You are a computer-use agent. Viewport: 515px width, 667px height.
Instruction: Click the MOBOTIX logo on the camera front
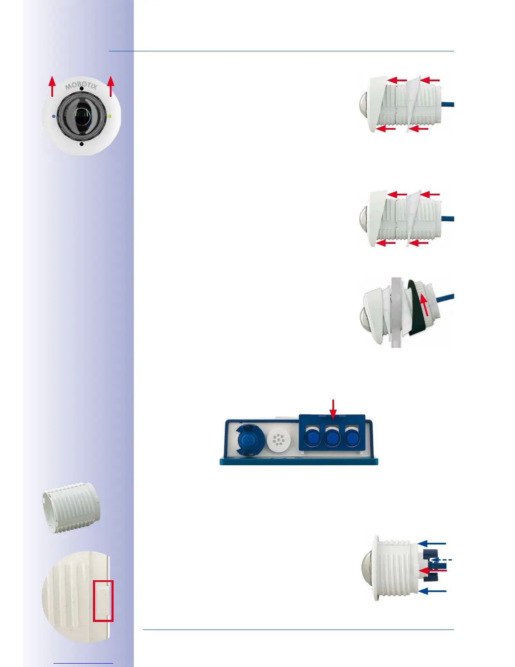81,85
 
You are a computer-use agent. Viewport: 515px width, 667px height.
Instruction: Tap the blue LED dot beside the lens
53,116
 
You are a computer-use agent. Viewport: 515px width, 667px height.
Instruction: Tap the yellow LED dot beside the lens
109,116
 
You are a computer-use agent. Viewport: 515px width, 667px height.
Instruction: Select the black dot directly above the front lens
81,89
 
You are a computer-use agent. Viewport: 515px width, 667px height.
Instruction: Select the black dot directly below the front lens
81,144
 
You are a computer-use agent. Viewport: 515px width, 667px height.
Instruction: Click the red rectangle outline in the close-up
103,601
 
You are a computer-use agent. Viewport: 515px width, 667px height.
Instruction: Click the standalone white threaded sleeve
72,507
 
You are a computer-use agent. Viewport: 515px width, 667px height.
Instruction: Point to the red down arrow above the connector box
333,409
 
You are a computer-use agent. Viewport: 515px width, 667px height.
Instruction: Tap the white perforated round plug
279,440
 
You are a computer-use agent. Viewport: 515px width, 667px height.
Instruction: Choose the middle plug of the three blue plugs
332,438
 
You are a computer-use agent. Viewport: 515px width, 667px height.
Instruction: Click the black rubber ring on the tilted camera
417,314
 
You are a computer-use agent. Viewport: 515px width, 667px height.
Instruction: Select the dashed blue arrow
442,560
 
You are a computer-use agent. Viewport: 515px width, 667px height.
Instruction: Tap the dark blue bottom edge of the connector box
299,462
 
